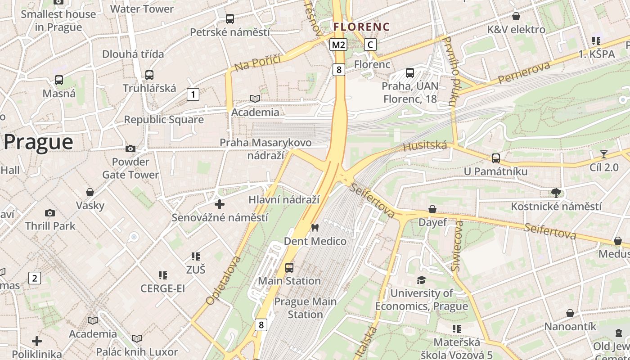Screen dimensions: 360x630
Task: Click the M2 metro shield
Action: pos(338,45)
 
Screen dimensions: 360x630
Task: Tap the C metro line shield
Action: pos(370,45)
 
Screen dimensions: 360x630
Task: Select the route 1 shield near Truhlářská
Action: pos(193,94)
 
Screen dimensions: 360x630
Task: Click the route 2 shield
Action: pos(35,278)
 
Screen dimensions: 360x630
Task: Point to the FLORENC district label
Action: pos(361,27)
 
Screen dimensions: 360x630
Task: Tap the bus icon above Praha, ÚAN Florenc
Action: pos(410,72)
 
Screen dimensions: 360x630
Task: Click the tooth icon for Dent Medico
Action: pos(315,228)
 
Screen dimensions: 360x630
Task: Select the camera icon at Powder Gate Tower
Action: pos(130,148)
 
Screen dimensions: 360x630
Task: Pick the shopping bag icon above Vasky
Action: pos(90,192)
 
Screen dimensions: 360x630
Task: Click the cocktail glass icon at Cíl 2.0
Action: pos(604,154)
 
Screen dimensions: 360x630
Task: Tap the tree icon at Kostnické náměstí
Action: pos(556,193)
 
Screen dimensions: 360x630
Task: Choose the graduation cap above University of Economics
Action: pos(421,280)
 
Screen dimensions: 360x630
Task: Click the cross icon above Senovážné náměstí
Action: pos(220,204)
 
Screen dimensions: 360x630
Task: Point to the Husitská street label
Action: pos(425,146)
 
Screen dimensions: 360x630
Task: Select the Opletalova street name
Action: pos(223,280)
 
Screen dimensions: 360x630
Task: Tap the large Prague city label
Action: pos(38,142)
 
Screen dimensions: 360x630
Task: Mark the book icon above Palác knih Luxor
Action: pos(137,338)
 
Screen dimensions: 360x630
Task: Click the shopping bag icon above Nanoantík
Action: pos(570,313)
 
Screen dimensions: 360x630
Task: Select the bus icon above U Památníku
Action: pos(496,158)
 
